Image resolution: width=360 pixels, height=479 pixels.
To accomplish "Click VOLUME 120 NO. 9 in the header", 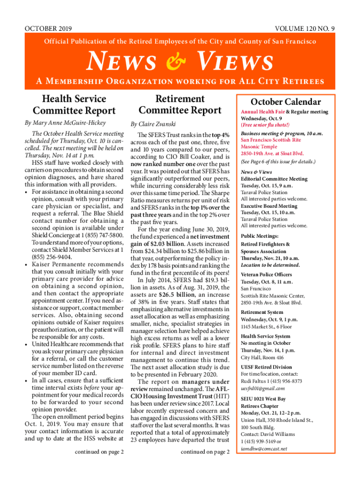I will tap(305, 29).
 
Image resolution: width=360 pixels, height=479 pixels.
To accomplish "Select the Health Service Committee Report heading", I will tap(74, 105).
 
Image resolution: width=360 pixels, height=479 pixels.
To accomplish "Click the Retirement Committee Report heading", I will tap(180, 105).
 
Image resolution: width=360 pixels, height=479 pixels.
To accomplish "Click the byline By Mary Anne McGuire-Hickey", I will tap(65, 123).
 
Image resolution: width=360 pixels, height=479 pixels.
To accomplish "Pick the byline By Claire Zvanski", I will tap(152, 124).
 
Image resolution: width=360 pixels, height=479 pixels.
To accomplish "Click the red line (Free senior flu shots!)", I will tap(265, 125).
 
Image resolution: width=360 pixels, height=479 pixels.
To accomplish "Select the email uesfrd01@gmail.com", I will tap(262, 389).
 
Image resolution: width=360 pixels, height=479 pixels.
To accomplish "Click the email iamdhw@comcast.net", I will tap(264, 449).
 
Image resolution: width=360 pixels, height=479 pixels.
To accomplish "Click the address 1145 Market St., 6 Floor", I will tap(266, 327).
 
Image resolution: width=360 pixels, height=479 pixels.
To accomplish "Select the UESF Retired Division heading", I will tap(266, 367).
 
